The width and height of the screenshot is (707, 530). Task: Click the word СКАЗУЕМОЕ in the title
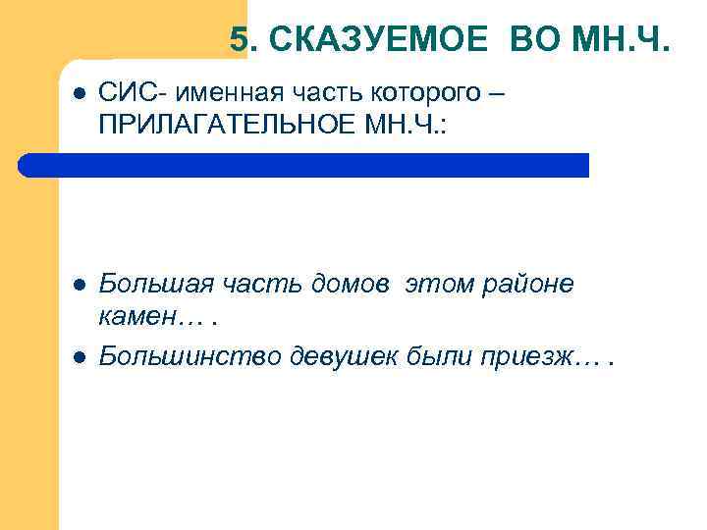[x=377, y=40]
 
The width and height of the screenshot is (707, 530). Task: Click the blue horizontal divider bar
[x=304, y=165]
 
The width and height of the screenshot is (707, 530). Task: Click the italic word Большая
[x=144, y=285]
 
